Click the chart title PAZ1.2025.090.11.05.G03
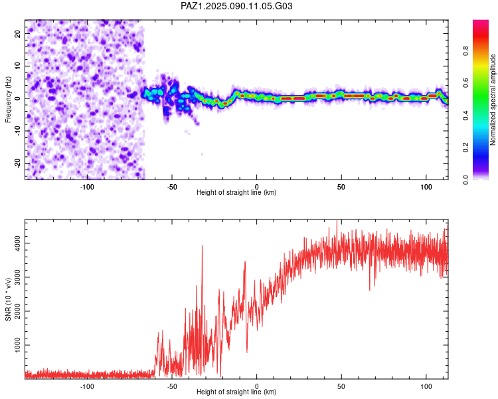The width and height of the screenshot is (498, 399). pyautogui.click(x=236, y=6)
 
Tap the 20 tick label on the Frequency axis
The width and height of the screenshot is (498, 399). pyautogui.click(x=18, y=34)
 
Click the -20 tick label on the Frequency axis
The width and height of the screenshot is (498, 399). pyautogui.click(x=18, y=163)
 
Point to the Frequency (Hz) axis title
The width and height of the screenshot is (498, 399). pyautogui.click(x=8, y=100)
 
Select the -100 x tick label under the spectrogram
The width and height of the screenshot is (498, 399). pyautogui.click(x=87, y=187)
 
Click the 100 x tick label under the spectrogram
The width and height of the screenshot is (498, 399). pyautogui.click(x=426, y=187)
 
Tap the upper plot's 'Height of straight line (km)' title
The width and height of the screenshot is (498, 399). pyautogui.click(x=236, y=192)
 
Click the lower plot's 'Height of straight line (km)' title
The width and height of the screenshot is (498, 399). pyautogui.click(x=236, y=392)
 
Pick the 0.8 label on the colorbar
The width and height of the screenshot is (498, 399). pyautogui.click(x=465, y=51)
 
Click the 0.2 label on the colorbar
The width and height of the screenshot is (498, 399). pyautogui.click(x=465, y=148)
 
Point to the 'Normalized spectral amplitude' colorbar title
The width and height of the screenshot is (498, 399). pyautogui.click(x=493, y=100)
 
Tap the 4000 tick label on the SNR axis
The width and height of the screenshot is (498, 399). pyautogui.click(x=18, y=243)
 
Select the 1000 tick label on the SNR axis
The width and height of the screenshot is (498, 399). pyautogui.click(x=18, y=345)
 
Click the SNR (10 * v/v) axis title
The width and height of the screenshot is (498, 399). pyautogui.click(x=8, y=299)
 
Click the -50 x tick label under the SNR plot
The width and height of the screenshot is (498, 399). pyautogui.click(x=172, y=386)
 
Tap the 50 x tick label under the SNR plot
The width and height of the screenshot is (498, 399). pyautogui.click(x=341, y=386)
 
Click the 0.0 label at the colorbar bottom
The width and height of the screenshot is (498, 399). pyautogui.click(x=465, y=180)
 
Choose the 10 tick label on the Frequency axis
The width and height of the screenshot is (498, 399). pyautogui.click(x=18, y=66)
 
